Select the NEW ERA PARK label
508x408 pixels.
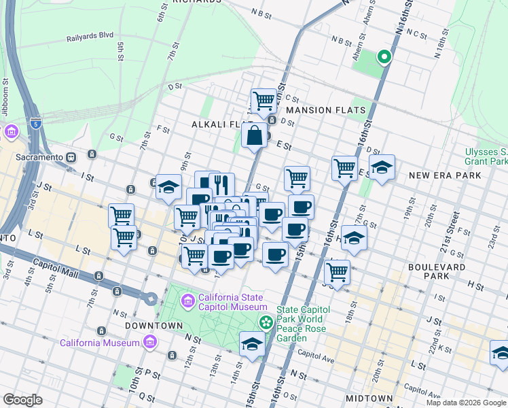pyautogui.click(x=445, y=175)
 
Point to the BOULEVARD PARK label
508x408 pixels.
pyautogui.click(x=437, y=272)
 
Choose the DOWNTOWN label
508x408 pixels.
pyautogui.click(x=154, y=326)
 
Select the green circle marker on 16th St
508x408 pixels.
pyautogui.click(x=384, y=58)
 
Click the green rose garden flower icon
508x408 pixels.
pyautogui.click(x=266, y=320)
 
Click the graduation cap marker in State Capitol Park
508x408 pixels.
pyautogui.click(x=252, y=344)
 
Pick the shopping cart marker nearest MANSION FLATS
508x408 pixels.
pyautogui.click(x=264, y=101)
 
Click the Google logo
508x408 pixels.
pyautogui.click(x=23, y=400)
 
